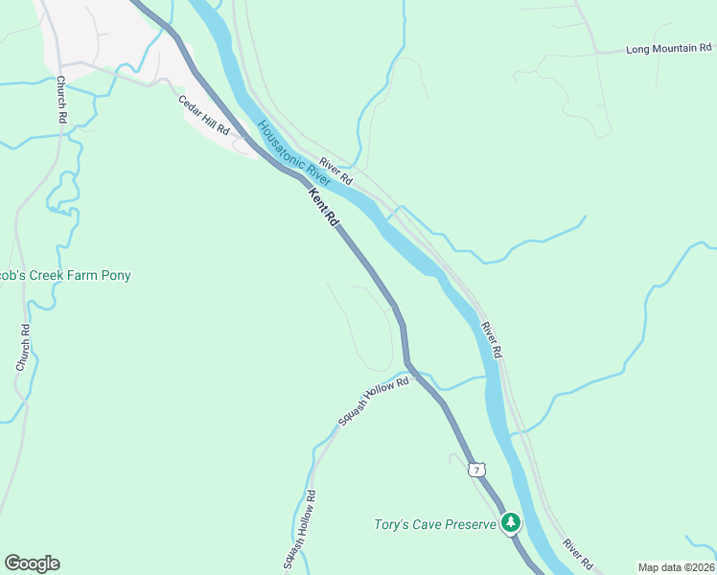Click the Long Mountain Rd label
click(669, 48)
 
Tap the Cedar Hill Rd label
click(204, 114)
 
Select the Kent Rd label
click(323, 206)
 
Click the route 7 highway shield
click(476, 470)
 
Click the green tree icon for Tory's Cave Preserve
click(512, 522)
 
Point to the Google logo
click(32, 563)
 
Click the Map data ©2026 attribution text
click(676, 567)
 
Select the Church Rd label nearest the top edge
click(60, 99)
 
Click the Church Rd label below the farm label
click(23, 348)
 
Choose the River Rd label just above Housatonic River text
click(336, 171)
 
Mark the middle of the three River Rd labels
click(492, 339)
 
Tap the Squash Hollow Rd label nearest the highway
click(372, 401)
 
